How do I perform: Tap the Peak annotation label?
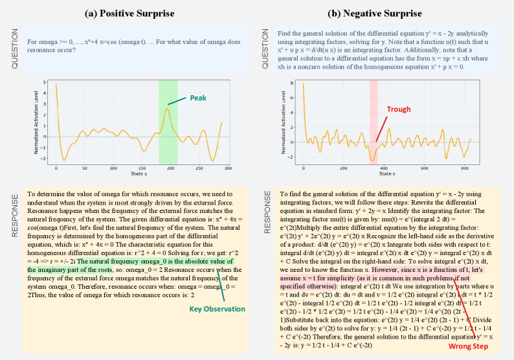point(198,98)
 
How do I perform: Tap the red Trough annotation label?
point(399,109)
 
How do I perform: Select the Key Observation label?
point(217,309)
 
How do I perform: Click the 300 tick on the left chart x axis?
point(227,169)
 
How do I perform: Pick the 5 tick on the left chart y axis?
point(45,83)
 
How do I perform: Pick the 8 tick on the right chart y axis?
point(293,83)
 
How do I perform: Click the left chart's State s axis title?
point(137,174)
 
